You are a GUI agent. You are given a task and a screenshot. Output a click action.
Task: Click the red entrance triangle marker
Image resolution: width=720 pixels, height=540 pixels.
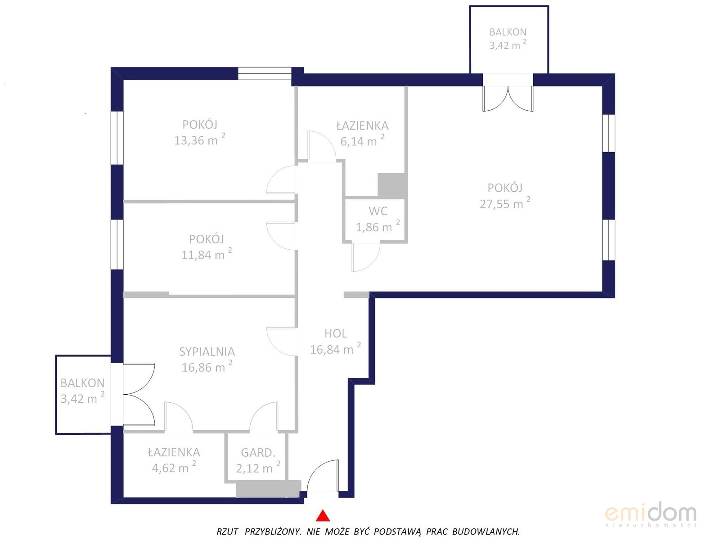pos(323,515)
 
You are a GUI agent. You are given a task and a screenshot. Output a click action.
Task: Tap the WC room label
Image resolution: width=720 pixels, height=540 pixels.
pos(378,211)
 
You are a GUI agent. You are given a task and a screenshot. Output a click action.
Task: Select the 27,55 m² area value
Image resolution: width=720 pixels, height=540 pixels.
pos(505,203)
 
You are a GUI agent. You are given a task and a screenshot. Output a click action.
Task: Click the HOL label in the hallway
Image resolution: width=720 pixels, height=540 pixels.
pos(336,333)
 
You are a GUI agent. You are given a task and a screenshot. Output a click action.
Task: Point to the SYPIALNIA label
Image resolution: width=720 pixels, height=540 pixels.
pos(207,352)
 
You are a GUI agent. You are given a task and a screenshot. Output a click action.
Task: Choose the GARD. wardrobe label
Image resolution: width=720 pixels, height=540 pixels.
pos(258,453)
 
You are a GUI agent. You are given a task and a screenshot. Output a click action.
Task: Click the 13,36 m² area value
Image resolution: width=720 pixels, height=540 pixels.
pos(199,139)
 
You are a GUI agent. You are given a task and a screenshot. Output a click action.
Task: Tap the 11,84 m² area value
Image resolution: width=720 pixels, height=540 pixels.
pos(207,254)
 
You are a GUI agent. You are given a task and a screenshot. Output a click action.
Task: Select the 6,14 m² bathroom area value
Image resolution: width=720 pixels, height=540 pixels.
pos(362,141)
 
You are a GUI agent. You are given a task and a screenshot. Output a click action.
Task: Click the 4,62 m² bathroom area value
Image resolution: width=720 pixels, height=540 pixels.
pos(174,468)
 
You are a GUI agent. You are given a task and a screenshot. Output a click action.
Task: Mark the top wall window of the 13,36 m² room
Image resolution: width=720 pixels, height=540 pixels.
pos(265,73)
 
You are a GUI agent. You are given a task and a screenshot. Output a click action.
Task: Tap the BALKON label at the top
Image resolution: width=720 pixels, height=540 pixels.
pos(508,32)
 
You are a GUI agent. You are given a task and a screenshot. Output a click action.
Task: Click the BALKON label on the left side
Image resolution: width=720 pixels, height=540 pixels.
pos(82,383)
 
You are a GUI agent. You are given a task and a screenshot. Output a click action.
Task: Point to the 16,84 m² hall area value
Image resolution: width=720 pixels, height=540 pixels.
pos(335,349)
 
